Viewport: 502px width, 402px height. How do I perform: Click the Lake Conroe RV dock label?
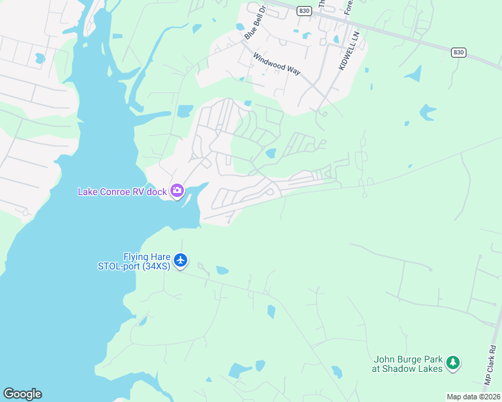click(x=123, y=192)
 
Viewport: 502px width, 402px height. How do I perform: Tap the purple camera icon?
click(x=177, y=192)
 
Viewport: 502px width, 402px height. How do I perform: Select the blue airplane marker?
click(x=180, y=260)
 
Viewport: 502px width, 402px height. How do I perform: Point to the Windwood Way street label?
click(x=276, y=64)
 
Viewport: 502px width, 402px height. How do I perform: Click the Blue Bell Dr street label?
click(x=256, y=23)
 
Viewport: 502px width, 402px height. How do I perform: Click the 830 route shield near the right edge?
click(x=458, y=52)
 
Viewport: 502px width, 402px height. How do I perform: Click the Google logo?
click(x=22, y=394)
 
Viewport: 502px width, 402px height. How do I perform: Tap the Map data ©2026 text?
click(x=473, y=397)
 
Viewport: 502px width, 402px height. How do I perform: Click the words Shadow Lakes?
click(x=415, y=368)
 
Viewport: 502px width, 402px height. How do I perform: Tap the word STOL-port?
click(x=118, y=265)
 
